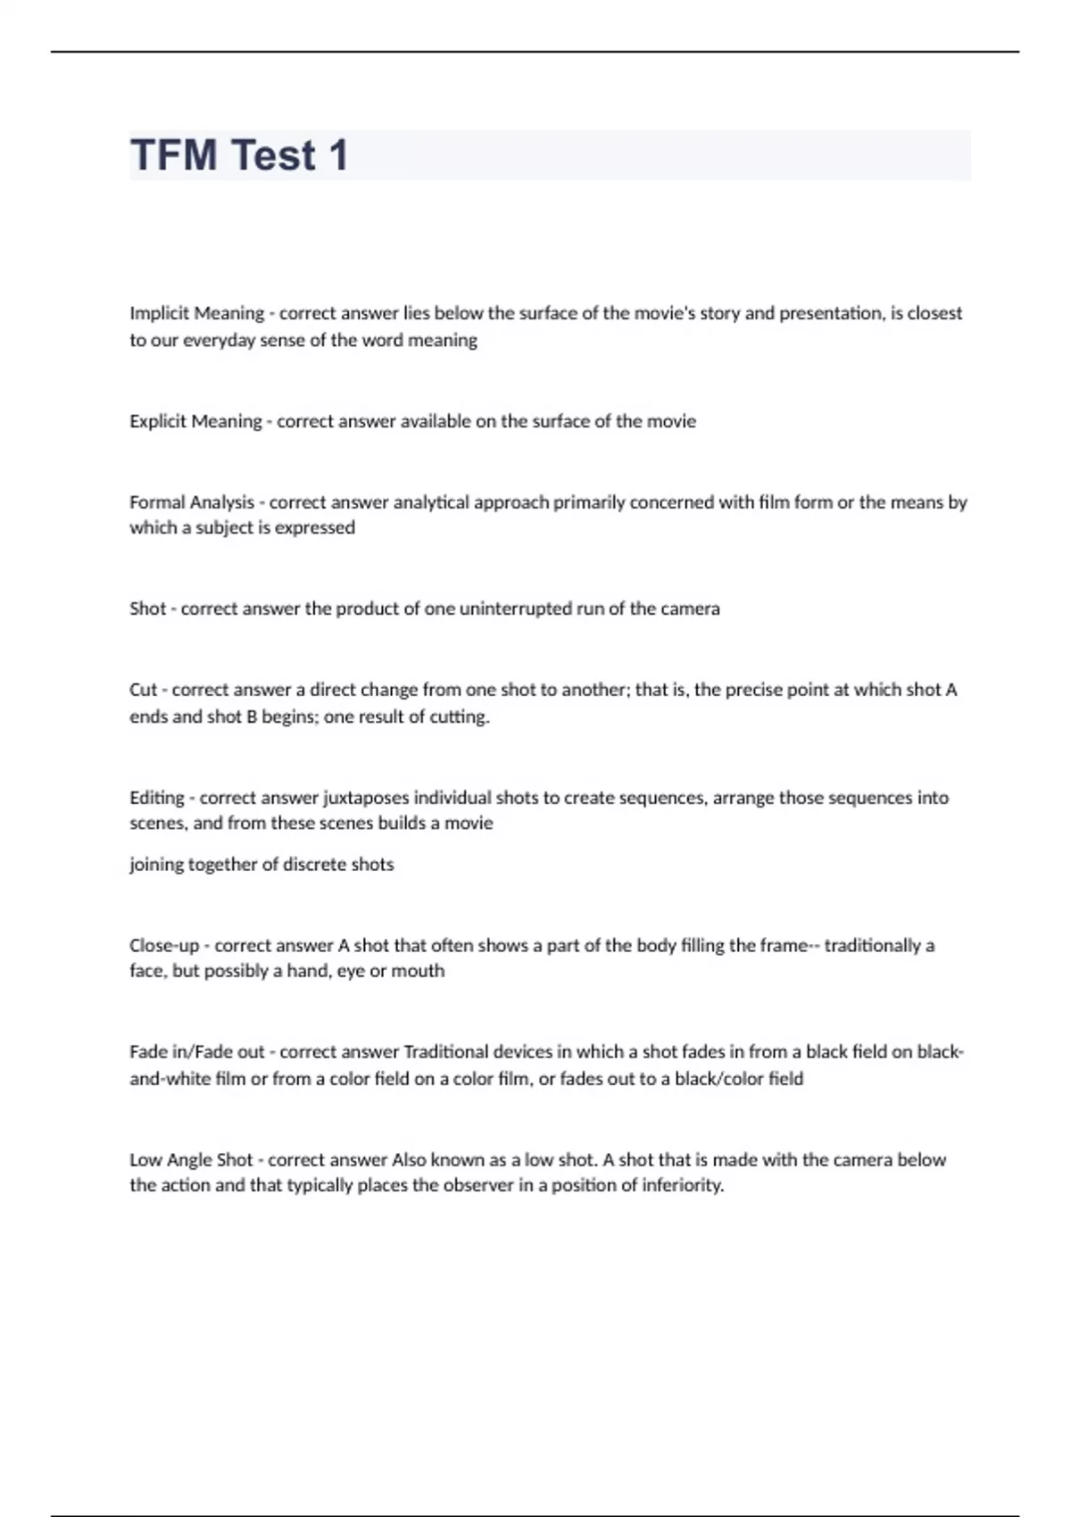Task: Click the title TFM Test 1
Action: tap(239, 155)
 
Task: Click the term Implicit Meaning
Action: tap(196, 313)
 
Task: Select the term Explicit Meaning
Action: tap(195, 421)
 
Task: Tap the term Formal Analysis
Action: tap(192, 502)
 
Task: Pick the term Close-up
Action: tap(164, 945)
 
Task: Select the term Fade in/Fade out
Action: tap(197, 1052)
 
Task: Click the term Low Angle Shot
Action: tap(191, 1160)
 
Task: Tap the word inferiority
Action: tap(682, 1186)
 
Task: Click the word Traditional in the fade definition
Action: tap(445, 1052)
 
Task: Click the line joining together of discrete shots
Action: tap(262, 865)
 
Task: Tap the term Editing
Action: tap(156, 798)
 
